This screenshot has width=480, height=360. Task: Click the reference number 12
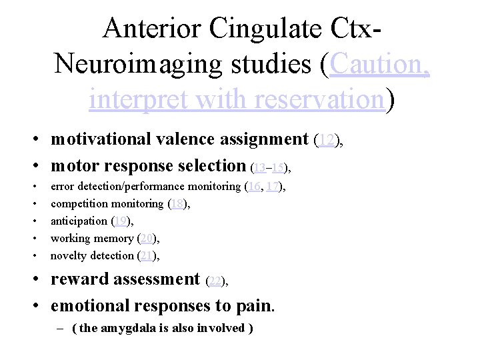326,140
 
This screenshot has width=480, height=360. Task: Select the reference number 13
260,166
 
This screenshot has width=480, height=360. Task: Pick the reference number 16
254,187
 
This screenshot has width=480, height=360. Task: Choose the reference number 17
272,187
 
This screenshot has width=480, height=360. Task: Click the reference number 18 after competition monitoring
178,204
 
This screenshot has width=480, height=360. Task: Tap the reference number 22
216,281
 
